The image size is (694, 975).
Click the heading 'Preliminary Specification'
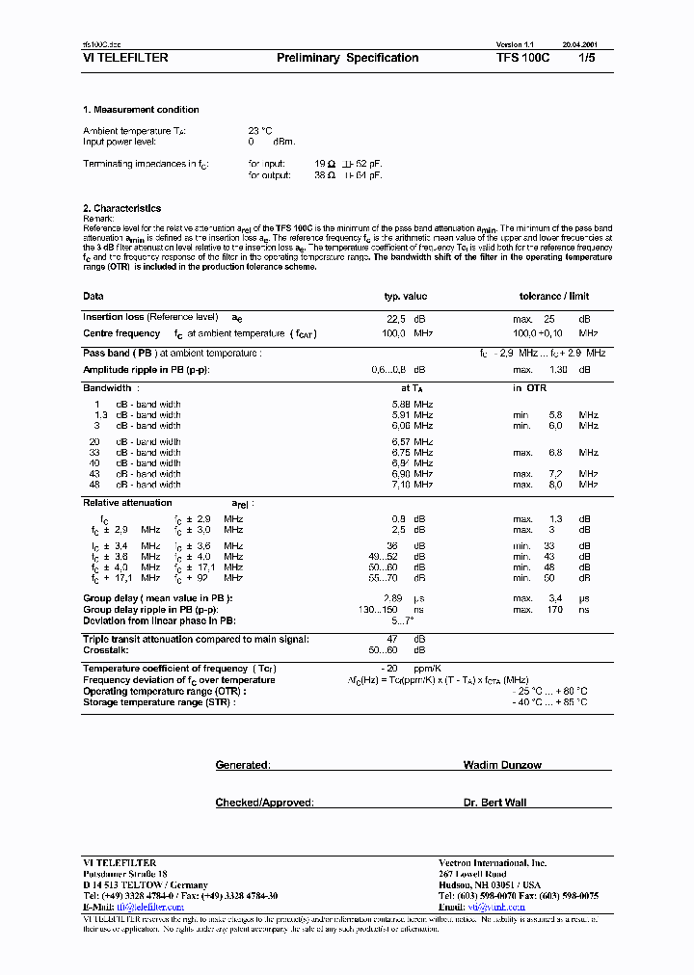[x=347, y=58]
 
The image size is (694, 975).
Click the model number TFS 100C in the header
[x=522, y=58]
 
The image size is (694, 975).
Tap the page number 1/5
[x=587, y=58]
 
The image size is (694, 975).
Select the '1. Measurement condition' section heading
[x=141, y=110]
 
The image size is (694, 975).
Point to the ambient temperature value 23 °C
[x=260, y=130]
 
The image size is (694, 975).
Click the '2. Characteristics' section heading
[x=121, y=208]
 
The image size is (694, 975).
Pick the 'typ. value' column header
[x=406, y=297]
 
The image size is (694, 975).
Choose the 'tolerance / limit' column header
[x=553, y=297]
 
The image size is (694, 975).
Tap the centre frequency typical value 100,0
[x=395, y=333]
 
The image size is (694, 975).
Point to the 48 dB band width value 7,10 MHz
[x=412, y=485]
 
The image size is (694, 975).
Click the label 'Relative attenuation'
[x=127, y=503]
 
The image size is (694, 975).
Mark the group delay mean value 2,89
[x=393, y=599]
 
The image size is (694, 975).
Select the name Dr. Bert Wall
[x=494, y=803]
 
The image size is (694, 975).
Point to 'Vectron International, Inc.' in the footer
[x=492, y=862]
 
